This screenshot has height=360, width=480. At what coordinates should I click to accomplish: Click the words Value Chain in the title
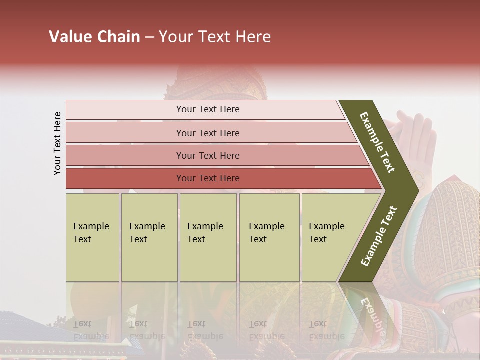[x=94, y=37]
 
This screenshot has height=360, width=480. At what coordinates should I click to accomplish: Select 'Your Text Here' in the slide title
[x=215, y=37]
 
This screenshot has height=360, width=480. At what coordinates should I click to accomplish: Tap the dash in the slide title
[x=149, y=37]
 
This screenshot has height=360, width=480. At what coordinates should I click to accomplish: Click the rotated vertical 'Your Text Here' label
[x=57, y=143]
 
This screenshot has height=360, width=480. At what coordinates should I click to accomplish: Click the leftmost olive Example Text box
[x=92, y=237]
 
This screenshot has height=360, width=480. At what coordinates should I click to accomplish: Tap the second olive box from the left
[x=149, y=237]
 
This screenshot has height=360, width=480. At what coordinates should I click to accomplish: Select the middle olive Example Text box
[x=208, y=237]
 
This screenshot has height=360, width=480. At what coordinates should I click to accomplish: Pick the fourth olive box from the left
[x=269, y=237]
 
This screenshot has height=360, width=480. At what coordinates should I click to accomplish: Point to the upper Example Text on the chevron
[x=377, y=142]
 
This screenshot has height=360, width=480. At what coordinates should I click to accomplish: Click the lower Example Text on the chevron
[x=379, y=236]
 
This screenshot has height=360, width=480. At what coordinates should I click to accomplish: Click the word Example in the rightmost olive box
[x=327, y=226]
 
